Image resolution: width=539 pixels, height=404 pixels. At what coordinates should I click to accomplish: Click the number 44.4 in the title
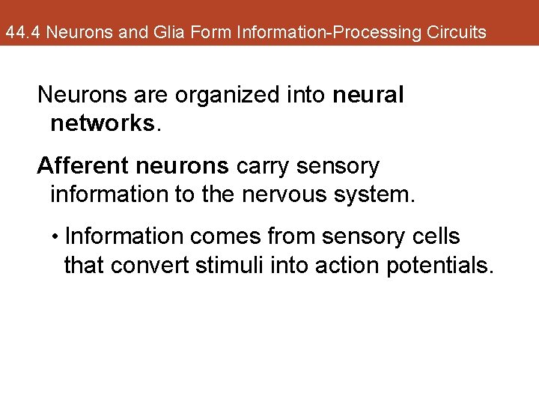22,33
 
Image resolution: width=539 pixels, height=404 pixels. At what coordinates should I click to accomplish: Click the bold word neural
369,96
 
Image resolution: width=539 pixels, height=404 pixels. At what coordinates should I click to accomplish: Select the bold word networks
103,123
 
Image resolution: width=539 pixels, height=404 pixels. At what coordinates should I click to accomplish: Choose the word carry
264,166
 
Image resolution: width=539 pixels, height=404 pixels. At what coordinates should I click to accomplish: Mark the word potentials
439,265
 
